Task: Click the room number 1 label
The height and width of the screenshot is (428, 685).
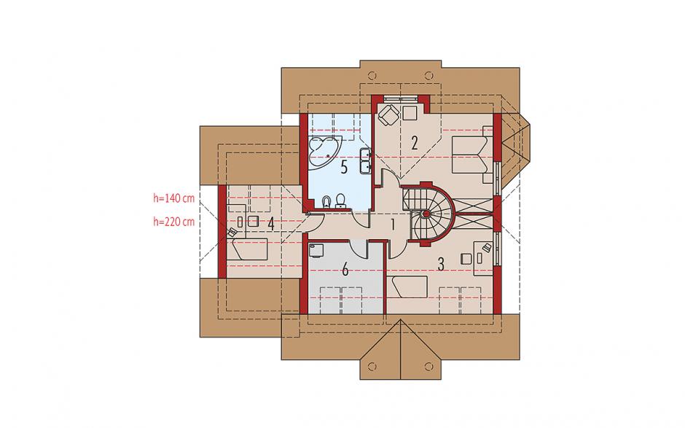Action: click(392, 225)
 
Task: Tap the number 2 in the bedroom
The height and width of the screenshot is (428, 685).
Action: click(415, 143)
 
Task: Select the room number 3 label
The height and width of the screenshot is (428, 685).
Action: click(441, 264)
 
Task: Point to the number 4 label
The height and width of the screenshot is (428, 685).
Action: click(271, 225)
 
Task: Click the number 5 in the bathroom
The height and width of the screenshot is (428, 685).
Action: click(344, 167)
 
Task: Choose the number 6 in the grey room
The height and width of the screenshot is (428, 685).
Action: click(345, 270)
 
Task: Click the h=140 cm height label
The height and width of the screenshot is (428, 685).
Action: click(174, 198)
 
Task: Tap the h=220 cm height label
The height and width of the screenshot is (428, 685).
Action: click(174, 222)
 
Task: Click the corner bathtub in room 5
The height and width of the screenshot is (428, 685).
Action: click(323, 150)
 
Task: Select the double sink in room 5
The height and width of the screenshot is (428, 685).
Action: click(366, 160)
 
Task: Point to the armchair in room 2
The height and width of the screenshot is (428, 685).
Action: click(388, 114)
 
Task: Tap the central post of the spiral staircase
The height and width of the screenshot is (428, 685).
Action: click(424, 214)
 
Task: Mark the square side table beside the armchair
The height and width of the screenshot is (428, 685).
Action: click(410, 113)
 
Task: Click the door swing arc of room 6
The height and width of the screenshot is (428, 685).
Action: click(361, 249)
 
